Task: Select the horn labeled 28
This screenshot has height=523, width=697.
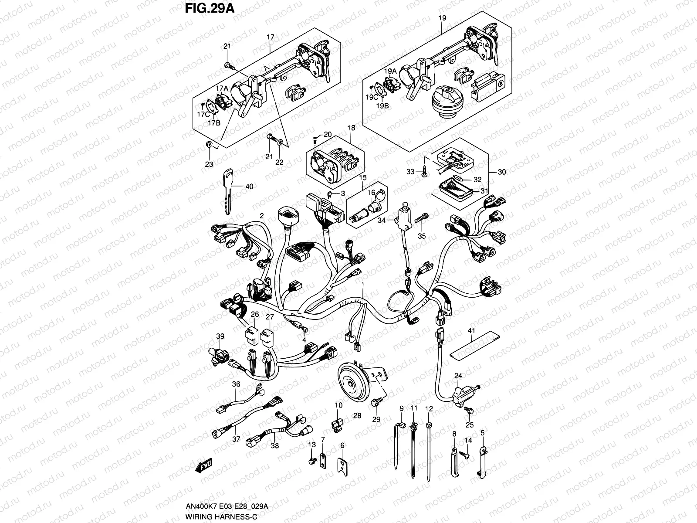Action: point(352,383)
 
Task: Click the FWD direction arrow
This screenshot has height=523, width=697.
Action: point(203,467)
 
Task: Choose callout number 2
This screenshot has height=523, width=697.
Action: point(262,215)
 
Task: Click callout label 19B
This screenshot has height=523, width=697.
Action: point(382,105)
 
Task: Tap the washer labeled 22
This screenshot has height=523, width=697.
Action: point(281,142)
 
